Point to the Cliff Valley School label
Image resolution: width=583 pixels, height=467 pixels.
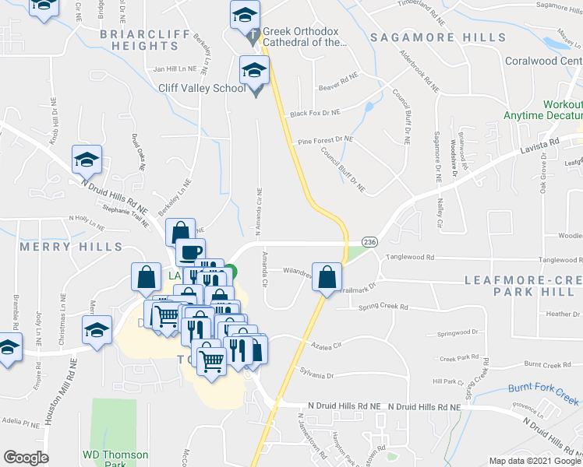202,88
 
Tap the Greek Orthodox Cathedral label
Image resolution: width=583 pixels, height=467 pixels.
305,37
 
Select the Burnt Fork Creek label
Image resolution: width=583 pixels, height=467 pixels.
545,388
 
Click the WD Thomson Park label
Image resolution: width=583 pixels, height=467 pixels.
116,458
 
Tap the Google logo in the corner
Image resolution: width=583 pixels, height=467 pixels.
25,458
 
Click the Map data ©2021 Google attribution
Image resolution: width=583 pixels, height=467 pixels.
535,461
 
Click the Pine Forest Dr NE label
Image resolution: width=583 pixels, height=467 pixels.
325,140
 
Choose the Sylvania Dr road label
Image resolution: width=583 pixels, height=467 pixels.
319,374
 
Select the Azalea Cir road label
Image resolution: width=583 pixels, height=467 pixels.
327,342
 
